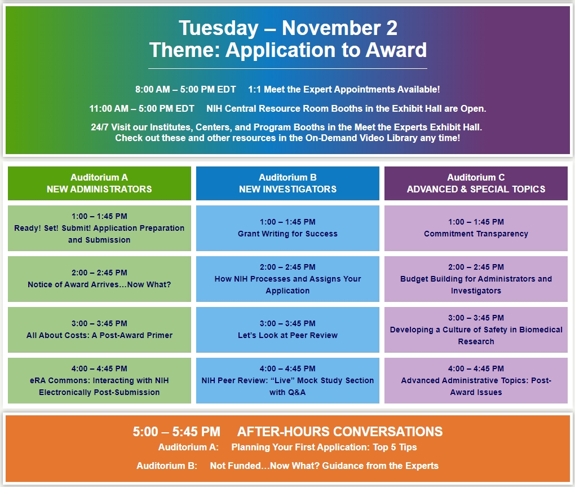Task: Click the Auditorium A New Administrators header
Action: coord(99,183)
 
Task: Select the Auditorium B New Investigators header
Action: coord(287,183)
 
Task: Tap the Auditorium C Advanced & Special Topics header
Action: coord(476,183)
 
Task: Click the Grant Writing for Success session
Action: coord(287,228)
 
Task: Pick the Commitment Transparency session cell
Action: coord(476,228)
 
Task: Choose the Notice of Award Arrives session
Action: coord(99,279)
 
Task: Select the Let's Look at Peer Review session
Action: coord(287,330)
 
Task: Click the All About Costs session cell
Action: coord(99,330)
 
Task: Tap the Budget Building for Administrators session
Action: coord(476,279)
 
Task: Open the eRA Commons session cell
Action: coord(99,380)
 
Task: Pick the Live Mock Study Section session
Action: coord(287,380)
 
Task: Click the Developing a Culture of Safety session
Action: coord(476,330)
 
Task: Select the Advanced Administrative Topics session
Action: coord(476,380)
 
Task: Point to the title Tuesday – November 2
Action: coord(288,28)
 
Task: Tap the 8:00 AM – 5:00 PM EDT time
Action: coord(185,89)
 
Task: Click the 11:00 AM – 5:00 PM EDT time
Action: coord(142,109)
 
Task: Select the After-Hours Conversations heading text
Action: coord(340,432)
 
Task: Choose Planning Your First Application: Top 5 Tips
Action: coord(324,447)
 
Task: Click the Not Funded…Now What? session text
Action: coord(324,466)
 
